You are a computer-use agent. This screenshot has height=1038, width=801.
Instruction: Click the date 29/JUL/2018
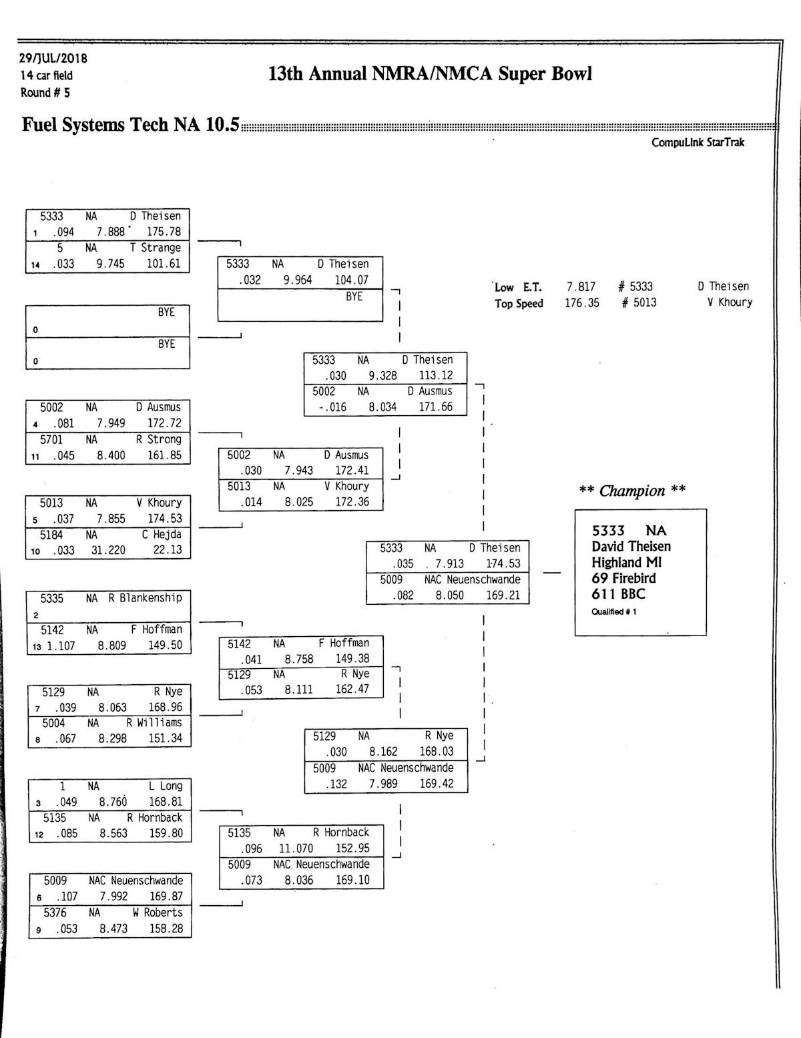tap(53, 59)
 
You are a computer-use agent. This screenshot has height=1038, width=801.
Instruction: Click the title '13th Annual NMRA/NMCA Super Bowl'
tap(430, 73)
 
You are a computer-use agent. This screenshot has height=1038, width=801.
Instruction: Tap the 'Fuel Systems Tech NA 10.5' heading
tap(130, 125)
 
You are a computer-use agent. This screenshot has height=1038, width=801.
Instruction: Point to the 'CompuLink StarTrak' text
tap(698, 142)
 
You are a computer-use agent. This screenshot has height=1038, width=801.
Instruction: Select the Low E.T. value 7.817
tap(581, 286)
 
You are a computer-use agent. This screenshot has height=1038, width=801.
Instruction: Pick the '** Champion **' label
tap(631, 491)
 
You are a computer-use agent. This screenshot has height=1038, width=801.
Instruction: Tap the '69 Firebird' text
tap(623, 578)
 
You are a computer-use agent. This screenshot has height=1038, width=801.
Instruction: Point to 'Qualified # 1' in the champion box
tap(613, 611)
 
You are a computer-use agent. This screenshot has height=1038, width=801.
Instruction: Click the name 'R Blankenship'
tap(146, 597)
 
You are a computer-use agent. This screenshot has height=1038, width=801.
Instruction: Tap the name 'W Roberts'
tap(158, 913)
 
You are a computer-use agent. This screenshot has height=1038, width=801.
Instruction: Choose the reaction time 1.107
tap(61, 645)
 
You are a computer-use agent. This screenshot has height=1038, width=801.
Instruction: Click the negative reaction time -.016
tap(332, 407)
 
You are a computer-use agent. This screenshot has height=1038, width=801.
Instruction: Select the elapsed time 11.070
tap(296, 848)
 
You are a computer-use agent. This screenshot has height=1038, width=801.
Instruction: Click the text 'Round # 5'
tap(45, 92)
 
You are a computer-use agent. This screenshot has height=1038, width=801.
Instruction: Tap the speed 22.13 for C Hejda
tap(167, 550)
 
